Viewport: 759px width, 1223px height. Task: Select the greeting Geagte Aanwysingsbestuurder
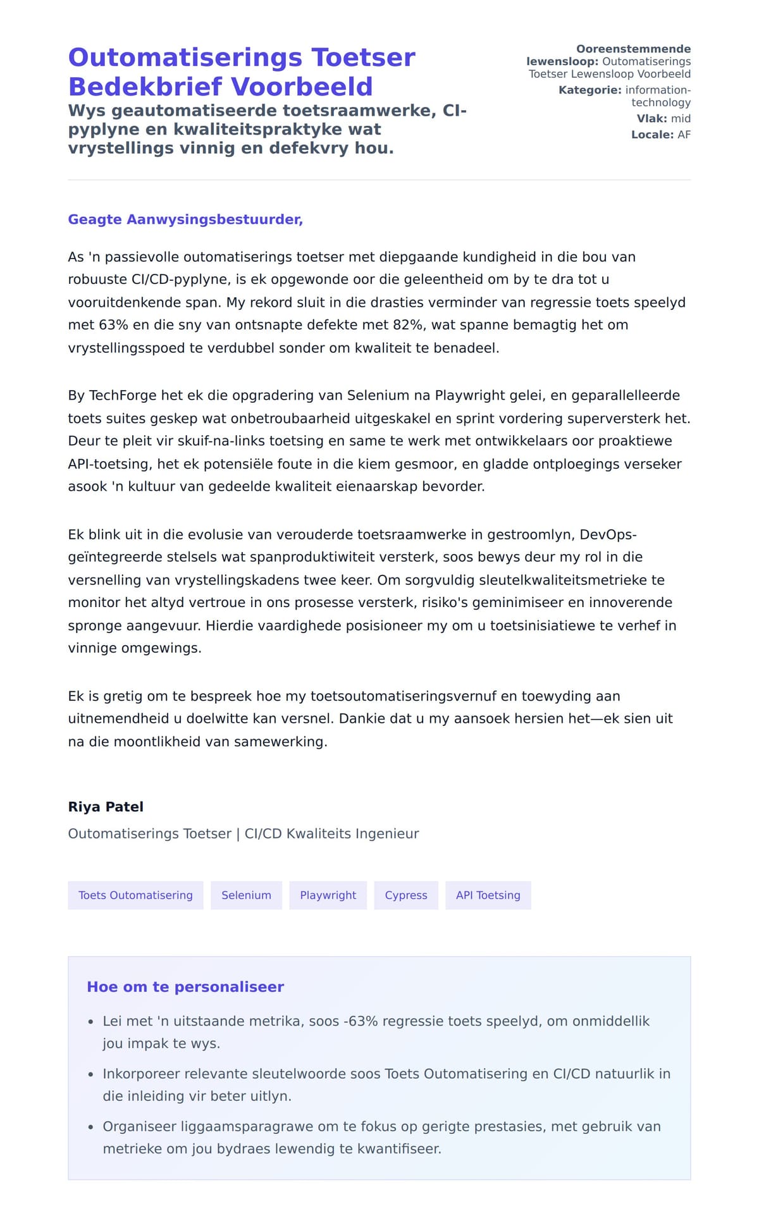[x=185, y=219]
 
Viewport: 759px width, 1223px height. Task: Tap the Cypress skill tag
[x=406, y=895]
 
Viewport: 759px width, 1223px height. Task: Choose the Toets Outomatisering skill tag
[x=135, y=895]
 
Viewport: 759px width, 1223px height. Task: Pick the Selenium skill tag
[x=246, y=895]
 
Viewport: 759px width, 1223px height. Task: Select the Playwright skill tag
[x=328, y=895]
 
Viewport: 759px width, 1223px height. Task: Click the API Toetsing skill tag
[x=488, y=895]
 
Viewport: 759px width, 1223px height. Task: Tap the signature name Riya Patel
[x=106, y=807]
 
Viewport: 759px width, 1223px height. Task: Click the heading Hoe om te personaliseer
[x=185, y=986]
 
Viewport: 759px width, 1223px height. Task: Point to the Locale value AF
[x=684, y=135]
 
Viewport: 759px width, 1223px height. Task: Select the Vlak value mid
[x=681, y=118]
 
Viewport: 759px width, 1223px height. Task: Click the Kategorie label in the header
[x=589, y=90]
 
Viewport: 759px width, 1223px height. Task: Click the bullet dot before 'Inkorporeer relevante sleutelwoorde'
[x=90, y=1074]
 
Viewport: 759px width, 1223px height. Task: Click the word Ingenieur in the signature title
[x=386, y=833]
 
